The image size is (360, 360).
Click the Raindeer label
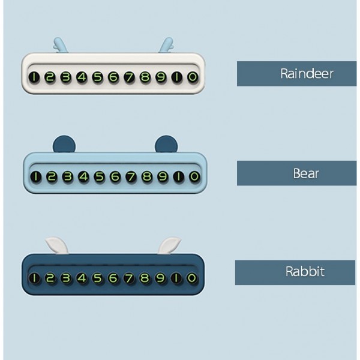click(x=296, y=73)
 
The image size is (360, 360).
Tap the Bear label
click(x=296, y=173)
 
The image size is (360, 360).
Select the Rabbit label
click(x=295, y=272)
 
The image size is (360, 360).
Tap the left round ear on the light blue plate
click(x=62, y=143)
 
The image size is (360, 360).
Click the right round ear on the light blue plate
click(x=164, y=143)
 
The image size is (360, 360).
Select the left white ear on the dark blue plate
click(x=56, y=244)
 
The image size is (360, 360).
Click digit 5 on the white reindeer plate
click(x=98, y=77)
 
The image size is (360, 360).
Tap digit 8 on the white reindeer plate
click(x=145, y=77)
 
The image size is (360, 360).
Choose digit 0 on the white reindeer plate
click(x=192, y=77)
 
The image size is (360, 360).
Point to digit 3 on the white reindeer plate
click(x=66, y=77)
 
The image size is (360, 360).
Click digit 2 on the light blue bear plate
click(x=52, y=177)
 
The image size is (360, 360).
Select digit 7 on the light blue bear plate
click(x=131, y=177)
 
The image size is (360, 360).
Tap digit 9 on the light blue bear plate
click(x=163, y=177)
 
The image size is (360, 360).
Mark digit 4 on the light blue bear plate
click(x=83, y=177)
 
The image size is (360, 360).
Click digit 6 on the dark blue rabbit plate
click(x=113, y=278)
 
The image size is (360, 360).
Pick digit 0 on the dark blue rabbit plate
click(x=192, y=278)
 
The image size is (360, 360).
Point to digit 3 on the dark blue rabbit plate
click(x=66, y=278)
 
